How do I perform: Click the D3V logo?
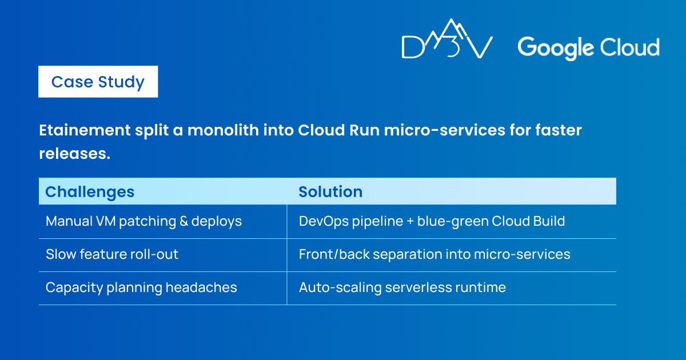(x=447, y=39)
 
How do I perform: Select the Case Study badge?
(x=98, y=82)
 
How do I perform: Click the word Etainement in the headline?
(x=85, y=130)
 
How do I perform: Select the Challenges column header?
(x=90, y=192)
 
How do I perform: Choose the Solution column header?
(x=330, y=191)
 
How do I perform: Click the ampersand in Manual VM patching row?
(x=184, y=221)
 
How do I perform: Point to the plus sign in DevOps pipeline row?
(x=410, y=222)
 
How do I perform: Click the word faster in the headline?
(x=559, y=130)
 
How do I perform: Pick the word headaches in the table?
(x=201, y=287)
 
